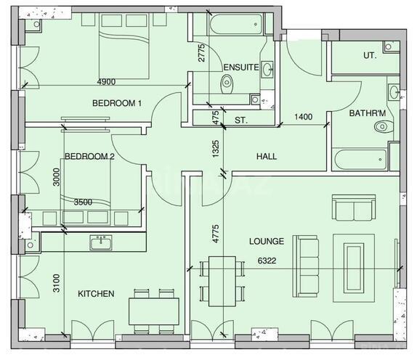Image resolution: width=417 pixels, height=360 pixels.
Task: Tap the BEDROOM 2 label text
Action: click(89, 156)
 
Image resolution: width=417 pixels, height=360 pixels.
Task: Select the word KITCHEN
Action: click(96, 294)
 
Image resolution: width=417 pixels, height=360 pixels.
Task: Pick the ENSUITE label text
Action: click(240, 67)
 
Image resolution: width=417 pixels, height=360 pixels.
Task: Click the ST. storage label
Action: click(241, 120)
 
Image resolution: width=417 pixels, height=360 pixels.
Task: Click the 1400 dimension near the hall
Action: click(304, 116)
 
